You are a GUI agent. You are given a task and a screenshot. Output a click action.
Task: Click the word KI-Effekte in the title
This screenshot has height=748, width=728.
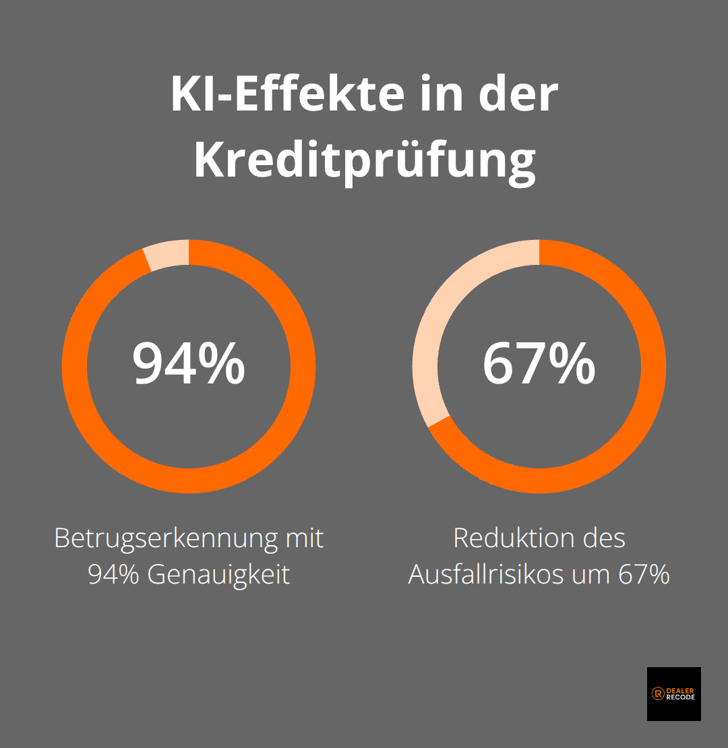[x=286, y=94]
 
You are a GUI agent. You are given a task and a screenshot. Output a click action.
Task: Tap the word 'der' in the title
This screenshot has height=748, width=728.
[x=519, y=94]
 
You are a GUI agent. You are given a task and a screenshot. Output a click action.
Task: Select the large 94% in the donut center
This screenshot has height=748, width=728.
[x=189, y=364]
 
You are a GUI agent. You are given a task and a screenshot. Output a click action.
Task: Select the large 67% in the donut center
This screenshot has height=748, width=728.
[x=539, y=364]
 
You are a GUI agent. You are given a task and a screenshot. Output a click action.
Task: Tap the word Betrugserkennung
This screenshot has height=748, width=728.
[x=164, y=538]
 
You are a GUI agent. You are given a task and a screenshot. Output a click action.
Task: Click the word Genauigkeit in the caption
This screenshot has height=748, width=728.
[x=218, y=575]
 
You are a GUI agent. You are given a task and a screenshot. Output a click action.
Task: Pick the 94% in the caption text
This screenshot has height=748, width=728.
[x=113, y=575]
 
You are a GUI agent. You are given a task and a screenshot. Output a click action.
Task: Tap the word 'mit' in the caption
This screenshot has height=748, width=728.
[x=304, y=538]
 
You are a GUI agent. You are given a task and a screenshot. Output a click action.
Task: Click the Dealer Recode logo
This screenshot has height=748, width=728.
[x=673, y=693]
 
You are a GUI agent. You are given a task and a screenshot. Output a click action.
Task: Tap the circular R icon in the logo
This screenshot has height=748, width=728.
[x=657, y=693]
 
